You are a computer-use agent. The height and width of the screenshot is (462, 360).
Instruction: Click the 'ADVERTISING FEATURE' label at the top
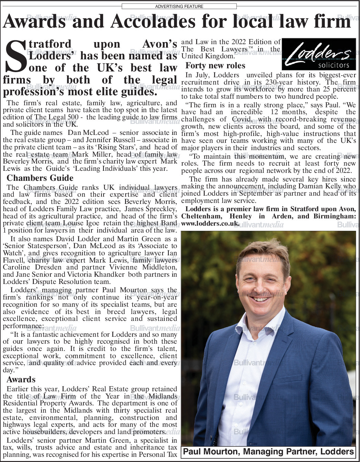point(179,6)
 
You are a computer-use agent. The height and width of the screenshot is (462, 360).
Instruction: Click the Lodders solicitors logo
point(319,54)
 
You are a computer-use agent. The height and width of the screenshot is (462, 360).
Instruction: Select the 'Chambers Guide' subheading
point(40,178)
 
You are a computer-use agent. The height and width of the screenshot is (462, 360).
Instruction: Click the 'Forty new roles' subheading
point(215,66)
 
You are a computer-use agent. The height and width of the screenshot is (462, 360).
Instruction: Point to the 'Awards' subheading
point(21,380)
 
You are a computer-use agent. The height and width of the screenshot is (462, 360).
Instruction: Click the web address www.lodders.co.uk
point(210,223)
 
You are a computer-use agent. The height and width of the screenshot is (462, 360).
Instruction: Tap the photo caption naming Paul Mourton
point(269,452)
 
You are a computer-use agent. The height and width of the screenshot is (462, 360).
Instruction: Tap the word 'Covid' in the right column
point(242,119)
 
